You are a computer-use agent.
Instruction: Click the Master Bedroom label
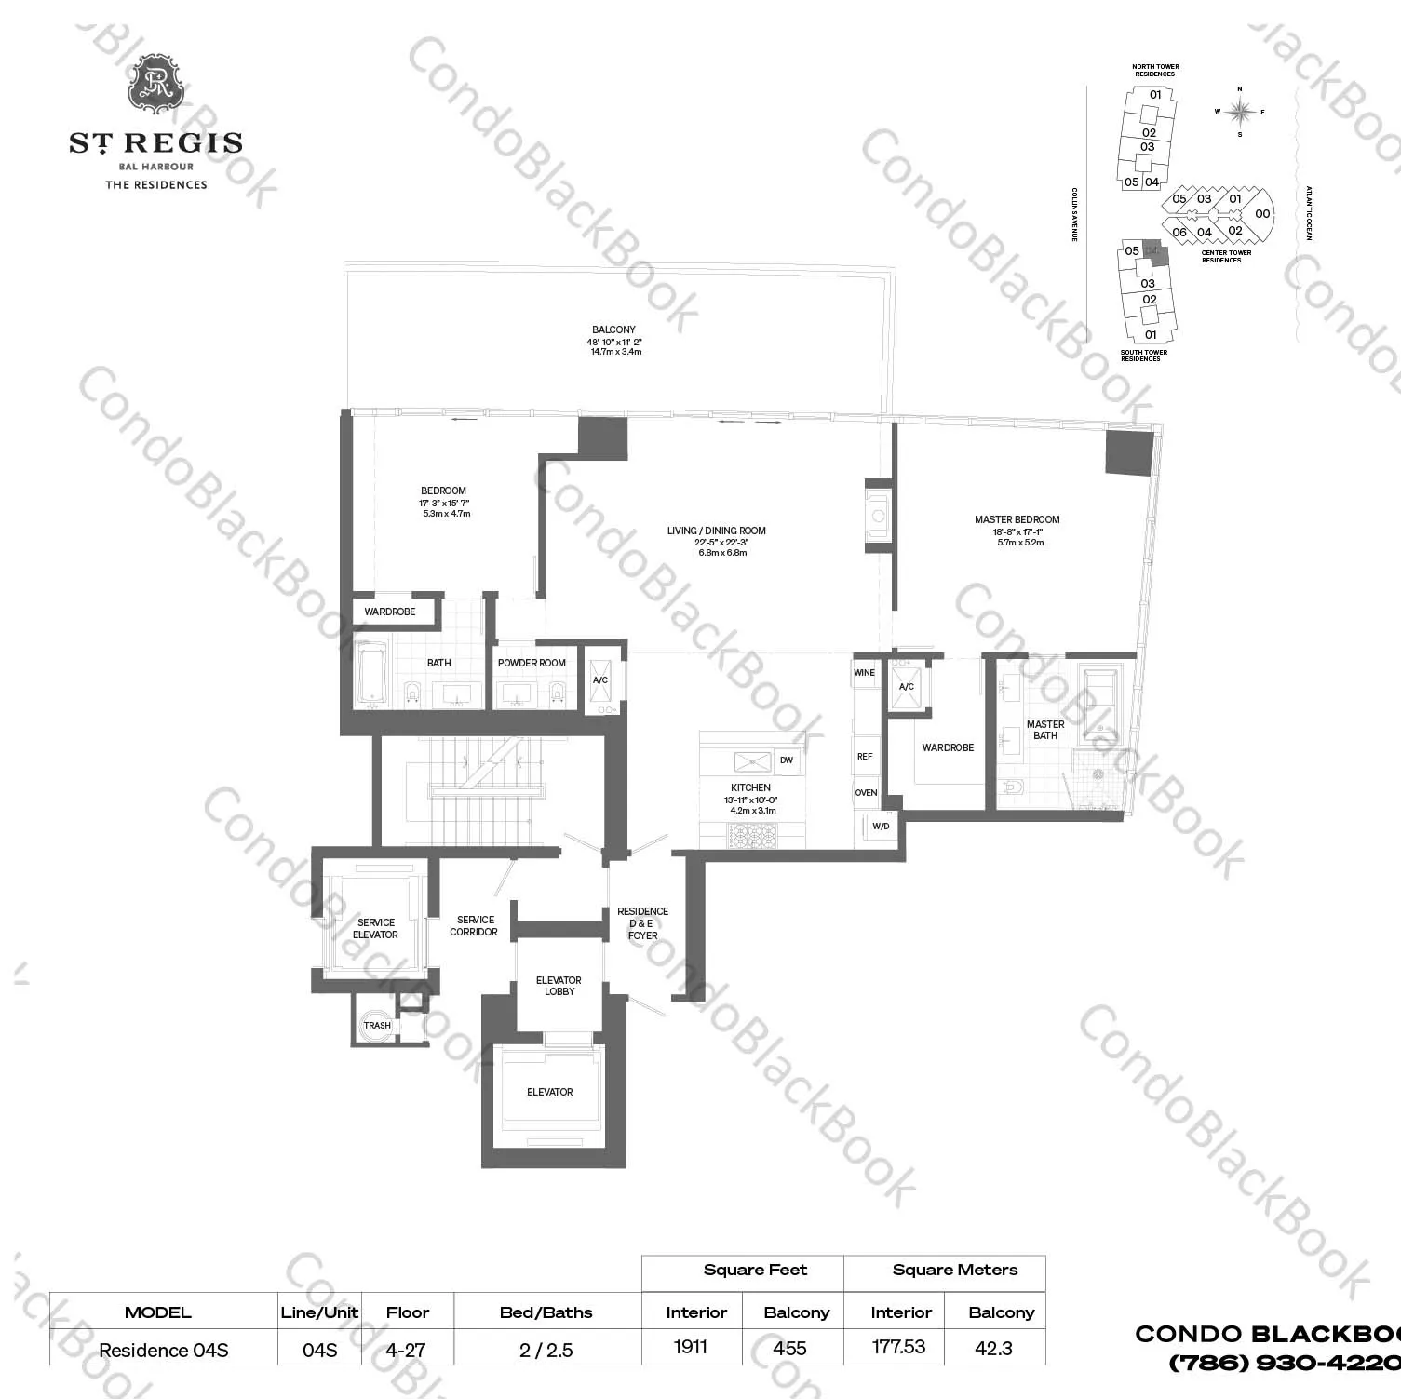[x=1017, y=519]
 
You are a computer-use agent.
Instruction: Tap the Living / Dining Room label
[x=716, y=531]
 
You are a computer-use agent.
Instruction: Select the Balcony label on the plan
[x=613, y=330]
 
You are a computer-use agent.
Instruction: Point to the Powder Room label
[x=532, y=663]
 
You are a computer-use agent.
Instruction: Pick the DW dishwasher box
[x=787, y=760]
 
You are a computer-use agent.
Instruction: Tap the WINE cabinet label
[x=865, y=672]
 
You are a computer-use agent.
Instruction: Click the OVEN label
[x=866, y=793]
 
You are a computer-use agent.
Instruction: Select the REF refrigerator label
[x=865, y=757]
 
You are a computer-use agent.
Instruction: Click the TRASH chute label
[x=377, y=1026]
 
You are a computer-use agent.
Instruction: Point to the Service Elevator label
[x=375, y=928]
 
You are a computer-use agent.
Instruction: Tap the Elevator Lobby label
[x=559, y=986]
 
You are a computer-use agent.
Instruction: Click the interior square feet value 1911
[x=691, y=1347]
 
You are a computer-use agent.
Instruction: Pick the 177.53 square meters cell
[x=898, y=1347]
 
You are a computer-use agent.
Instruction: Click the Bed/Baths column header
[x=546, y=1312]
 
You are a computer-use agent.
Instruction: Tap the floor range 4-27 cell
[x=407, y=1349]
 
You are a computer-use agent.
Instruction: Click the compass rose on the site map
[x=1239, y=112]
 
